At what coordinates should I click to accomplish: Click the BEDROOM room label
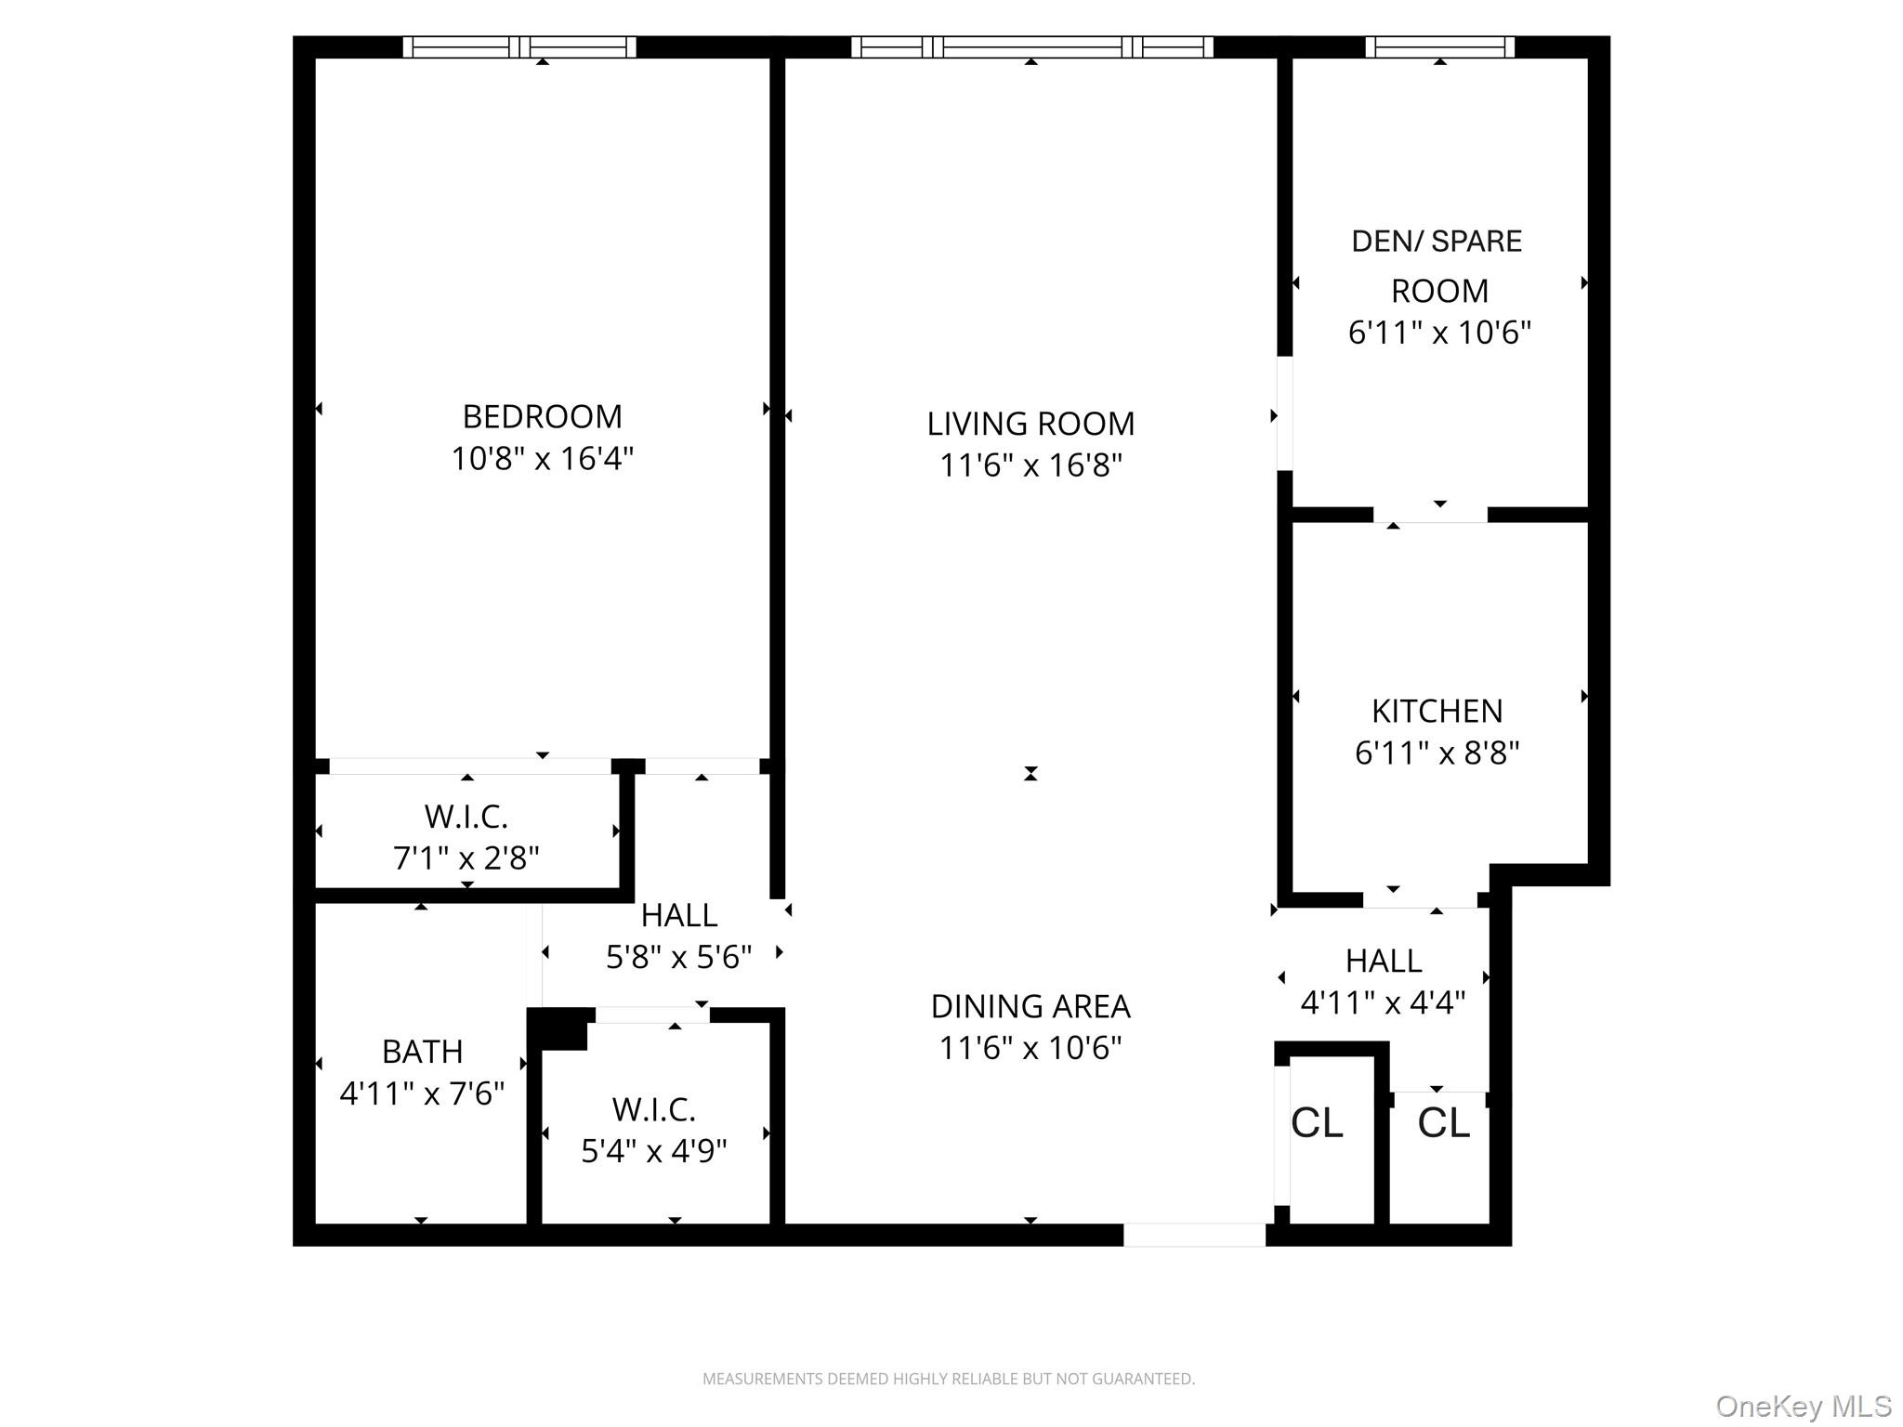[x=542, y=416]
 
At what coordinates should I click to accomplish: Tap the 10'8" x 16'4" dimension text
[x=542, y=458]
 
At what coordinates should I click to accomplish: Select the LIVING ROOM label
[x=1030, y=424]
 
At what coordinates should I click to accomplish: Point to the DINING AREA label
[x=1030, y=1006]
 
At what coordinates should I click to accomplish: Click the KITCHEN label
[x=1437, y=711]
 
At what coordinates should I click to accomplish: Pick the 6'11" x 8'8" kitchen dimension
[x=1437, y=752]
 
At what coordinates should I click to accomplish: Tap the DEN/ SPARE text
[x=1437, y=242]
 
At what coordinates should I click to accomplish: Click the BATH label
[x=422, y=1052]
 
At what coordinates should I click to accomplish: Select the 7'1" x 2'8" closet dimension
[x=466, y=858]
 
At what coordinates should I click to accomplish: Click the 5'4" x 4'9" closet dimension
[x=654, y=1151]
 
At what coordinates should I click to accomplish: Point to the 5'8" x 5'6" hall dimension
[x=678, y=956]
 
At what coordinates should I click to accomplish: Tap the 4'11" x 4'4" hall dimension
[x=1383, y=1002]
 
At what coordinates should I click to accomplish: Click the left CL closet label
[x=1317, y=1123]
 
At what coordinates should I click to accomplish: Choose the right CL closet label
[x=1443, y=1123]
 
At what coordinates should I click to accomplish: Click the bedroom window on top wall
[x=519, y=46]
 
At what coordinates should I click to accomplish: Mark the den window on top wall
[x=1439, y=46]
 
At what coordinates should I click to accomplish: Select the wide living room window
[x=1031, y=46]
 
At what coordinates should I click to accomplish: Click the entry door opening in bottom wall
[x=1194, y=1235]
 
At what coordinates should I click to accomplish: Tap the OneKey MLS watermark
[x=1804, y=1407]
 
